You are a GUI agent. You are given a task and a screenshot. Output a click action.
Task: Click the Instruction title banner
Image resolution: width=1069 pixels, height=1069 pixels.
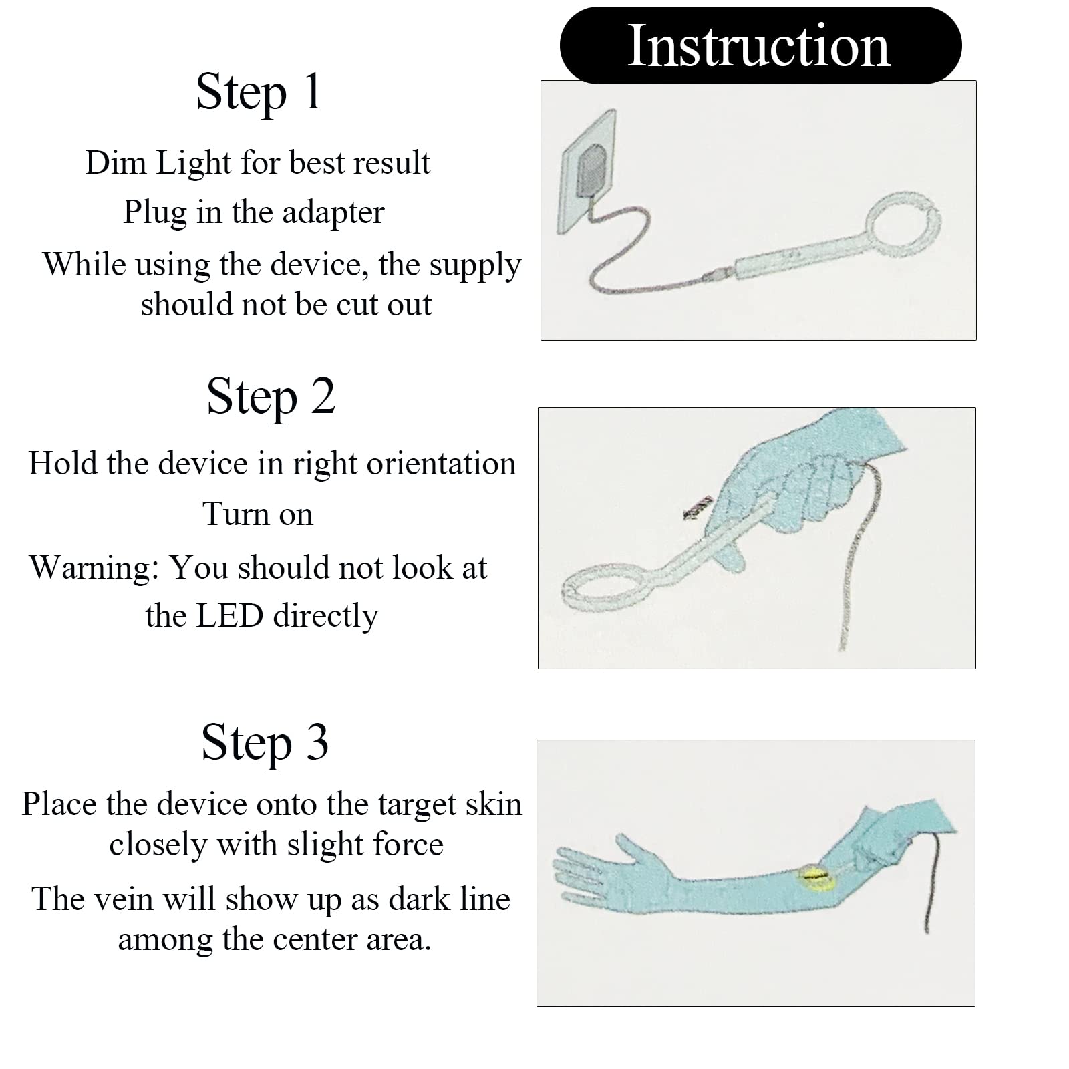coord(760,45)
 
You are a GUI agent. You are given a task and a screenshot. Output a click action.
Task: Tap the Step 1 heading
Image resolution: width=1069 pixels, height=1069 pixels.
coord(259,92)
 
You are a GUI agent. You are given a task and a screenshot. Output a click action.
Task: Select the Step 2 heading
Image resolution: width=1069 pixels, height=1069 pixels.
coord(271,396)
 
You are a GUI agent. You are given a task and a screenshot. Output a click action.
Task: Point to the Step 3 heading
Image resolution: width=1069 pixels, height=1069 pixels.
coord(265,742)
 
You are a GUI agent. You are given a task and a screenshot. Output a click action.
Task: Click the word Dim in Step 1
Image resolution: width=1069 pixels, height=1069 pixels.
coord(116,162)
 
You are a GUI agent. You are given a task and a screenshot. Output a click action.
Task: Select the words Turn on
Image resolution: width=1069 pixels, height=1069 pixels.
coord(258,514)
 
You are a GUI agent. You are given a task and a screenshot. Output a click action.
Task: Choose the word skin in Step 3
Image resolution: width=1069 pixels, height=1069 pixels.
coord(494,804)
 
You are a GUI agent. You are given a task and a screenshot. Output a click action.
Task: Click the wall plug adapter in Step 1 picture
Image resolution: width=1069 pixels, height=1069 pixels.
coord(592,172)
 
